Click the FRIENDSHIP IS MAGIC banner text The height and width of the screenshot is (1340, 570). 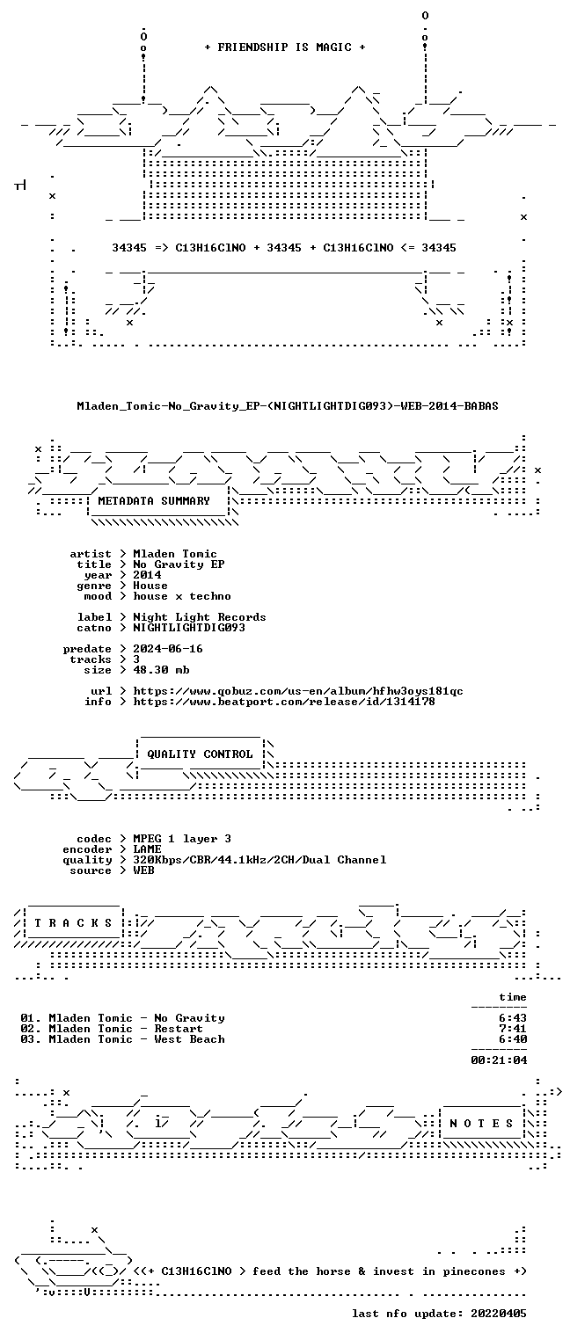click(x=285, y=47)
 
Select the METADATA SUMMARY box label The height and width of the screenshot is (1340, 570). click(x=154, y=500)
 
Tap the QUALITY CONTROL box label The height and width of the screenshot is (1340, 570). click(x=200, y=754)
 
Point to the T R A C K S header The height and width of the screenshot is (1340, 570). click(x=73, y=922)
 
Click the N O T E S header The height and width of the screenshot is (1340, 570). click(x=481, y=1123)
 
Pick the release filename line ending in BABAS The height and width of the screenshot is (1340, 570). click(x=288, y=406)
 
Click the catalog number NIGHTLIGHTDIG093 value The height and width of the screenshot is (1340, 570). click(x=189, y=628)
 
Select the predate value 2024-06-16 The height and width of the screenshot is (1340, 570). click(x=168, y=649)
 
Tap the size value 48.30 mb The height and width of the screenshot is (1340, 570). click(x=161, y=670)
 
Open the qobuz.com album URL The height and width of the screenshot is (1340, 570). click(x=298, y=691)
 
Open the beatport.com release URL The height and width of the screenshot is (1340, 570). click(x=284, y=702)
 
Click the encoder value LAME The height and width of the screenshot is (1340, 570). click(x=147, y=848)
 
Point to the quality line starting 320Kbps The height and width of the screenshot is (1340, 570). click(x=259, y=860)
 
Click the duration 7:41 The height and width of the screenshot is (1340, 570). click(x=513, y=1029)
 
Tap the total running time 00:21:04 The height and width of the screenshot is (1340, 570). click(x=499, y=1060)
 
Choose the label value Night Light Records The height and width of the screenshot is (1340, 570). click(x=200, y=617)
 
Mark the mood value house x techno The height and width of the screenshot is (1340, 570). click(x=182, y=596)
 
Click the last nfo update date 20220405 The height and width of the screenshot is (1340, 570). click(x=499, y=1313)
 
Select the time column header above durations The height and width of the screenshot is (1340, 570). click(x=513, y=996)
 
